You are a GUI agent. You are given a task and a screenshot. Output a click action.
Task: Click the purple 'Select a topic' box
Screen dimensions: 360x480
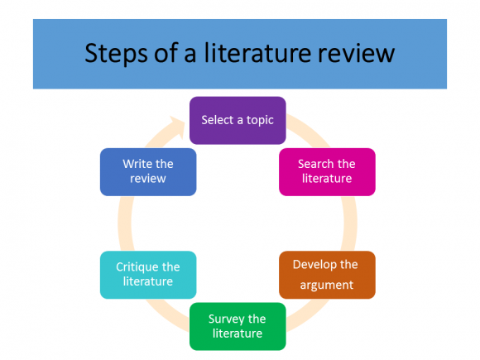pyautogui.click(x=238, y=121)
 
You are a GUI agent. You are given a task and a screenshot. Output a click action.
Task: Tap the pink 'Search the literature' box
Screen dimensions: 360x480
pyautogui.click(x=327, y=171)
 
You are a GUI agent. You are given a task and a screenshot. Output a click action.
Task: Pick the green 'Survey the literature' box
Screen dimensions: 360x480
pyautogui.click(x=238, y=326)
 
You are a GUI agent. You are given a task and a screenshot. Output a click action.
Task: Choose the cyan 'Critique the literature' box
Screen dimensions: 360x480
pyautogui.click(x=148, y=275)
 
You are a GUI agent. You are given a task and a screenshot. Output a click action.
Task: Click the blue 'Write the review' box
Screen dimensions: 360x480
pyautogui.click(x=148, y=171)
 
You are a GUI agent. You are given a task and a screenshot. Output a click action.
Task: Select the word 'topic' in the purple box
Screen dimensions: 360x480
pyautogui.click(x=259, y=121)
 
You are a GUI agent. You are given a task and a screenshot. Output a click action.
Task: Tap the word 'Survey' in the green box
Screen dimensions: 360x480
pyautogui.click(x=226, y=319)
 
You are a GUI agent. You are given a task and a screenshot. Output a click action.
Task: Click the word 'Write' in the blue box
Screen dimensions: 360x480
pyautogui.click(x=137, y=164)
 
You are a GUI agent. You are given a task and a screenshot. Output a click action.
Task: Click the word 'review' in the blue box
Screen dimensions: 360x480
pyautogui.click(x=148, y=179)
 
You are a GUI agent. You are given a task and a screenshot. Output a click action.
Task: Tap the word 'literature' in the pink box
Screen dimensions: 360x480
pyautogui.click(x=327, y=179)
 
